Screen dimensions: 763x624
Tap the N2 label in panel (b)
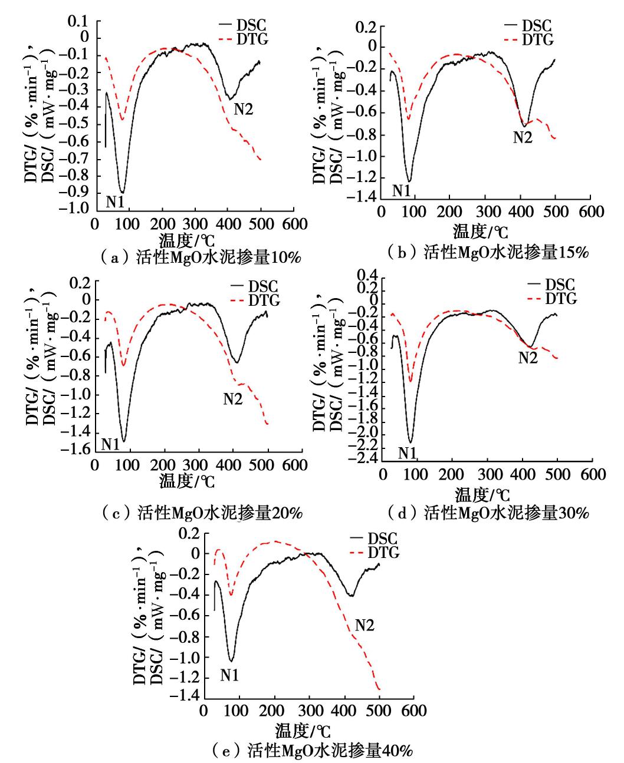point(523,137)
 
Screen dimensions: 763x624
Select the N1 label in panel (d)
point(407,452)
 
